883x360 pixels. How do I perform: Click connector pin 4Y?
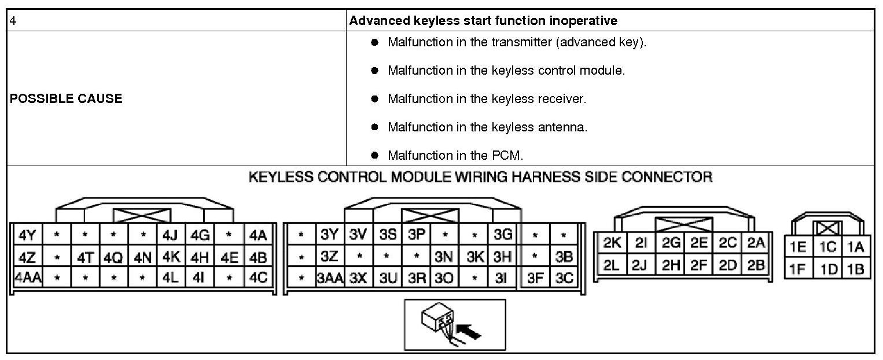(x=27, y=236)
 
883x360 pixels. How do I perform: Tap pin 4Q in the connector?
(x=113, y=256)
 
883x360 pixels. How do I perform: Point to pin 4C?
(x=258, y=277)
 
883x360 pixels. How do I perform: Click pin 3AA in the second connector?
(x=330, y=278)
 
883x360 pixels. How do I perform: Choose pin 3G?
(x=503, y=236)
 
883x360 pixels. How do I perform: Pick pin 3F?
(x=535, y=278)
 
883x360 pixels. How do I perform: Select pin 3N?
(x=444, y=256)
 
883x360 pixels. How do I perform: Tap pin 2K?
(x=612, y=244)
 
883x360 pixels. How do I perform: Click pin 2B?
(x=756, y=266)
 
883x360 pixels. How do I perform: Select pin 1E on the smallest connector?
(x=799, y=248)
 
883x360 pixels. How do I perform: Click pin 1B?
(x=855, y=269)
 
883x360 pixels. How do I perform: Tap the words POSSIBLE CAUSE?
(x=66, y=98)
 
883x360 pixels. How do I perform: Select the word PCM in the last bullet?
(x=509, y=155)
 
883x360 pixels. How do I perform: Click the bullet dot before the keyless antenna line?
(x=374, y=127)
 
